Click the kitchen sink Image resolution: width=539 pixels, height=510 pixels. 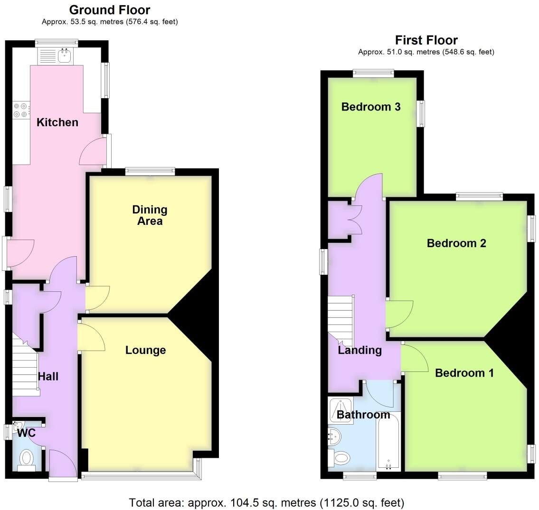pyautogui.click(x=64, y=56)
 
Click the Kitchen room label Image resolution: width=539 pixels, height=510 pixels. pyautogui.click(x=57, y=122)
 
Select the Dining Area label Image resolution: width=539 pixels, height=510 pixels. pyautogui.click(x=150, y=215)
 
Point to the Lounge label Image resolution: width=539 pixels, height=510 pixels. pyautogui.click(x=145, y=350)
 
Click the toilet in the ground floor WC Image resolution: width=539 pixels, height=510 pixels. pyautogui.click(x=27, y=459)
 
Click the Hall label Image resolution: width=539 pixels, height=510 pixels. pyautogui.click(x=48, y=377)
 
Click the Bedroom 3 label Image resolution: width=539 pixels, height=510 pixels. pyautogui.click(x=371, y=107)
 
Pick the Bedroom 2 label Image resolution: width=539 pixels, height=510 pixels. pyautogui.click(x=456, y=243)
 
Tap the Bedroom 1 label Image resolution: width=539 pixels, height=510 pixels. pyautogui.click(x=464, y=373)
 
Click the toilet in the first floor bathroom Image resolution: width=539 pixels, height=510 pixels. pyautogui.click(x=340, y=458)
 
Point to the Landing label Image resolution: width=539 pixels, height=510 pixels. pyautogui.click(x=359, y=350)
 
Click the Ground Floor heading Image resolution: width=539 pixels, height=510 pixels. pyautogui.click(x=110, y=10)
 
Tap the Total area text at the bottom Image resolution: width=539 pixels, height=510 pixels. pyautogui.click(x=266, y=502)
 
